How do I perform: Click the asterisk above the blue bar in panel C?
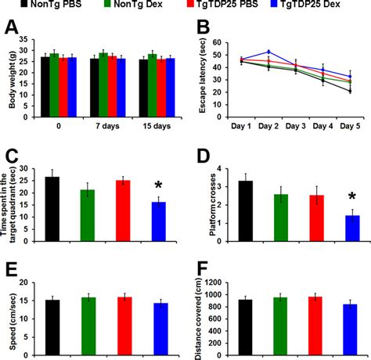pyautogui.click(x=158, y=185)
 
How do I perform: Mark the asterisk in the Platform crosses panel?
pyautogui.click(x=351, y=196)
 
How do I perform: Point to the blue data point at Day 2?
pyautogui.click(x=268, y=52)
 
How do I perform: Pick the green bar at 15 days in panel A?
pyautogui.click(x=153, y=71)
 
